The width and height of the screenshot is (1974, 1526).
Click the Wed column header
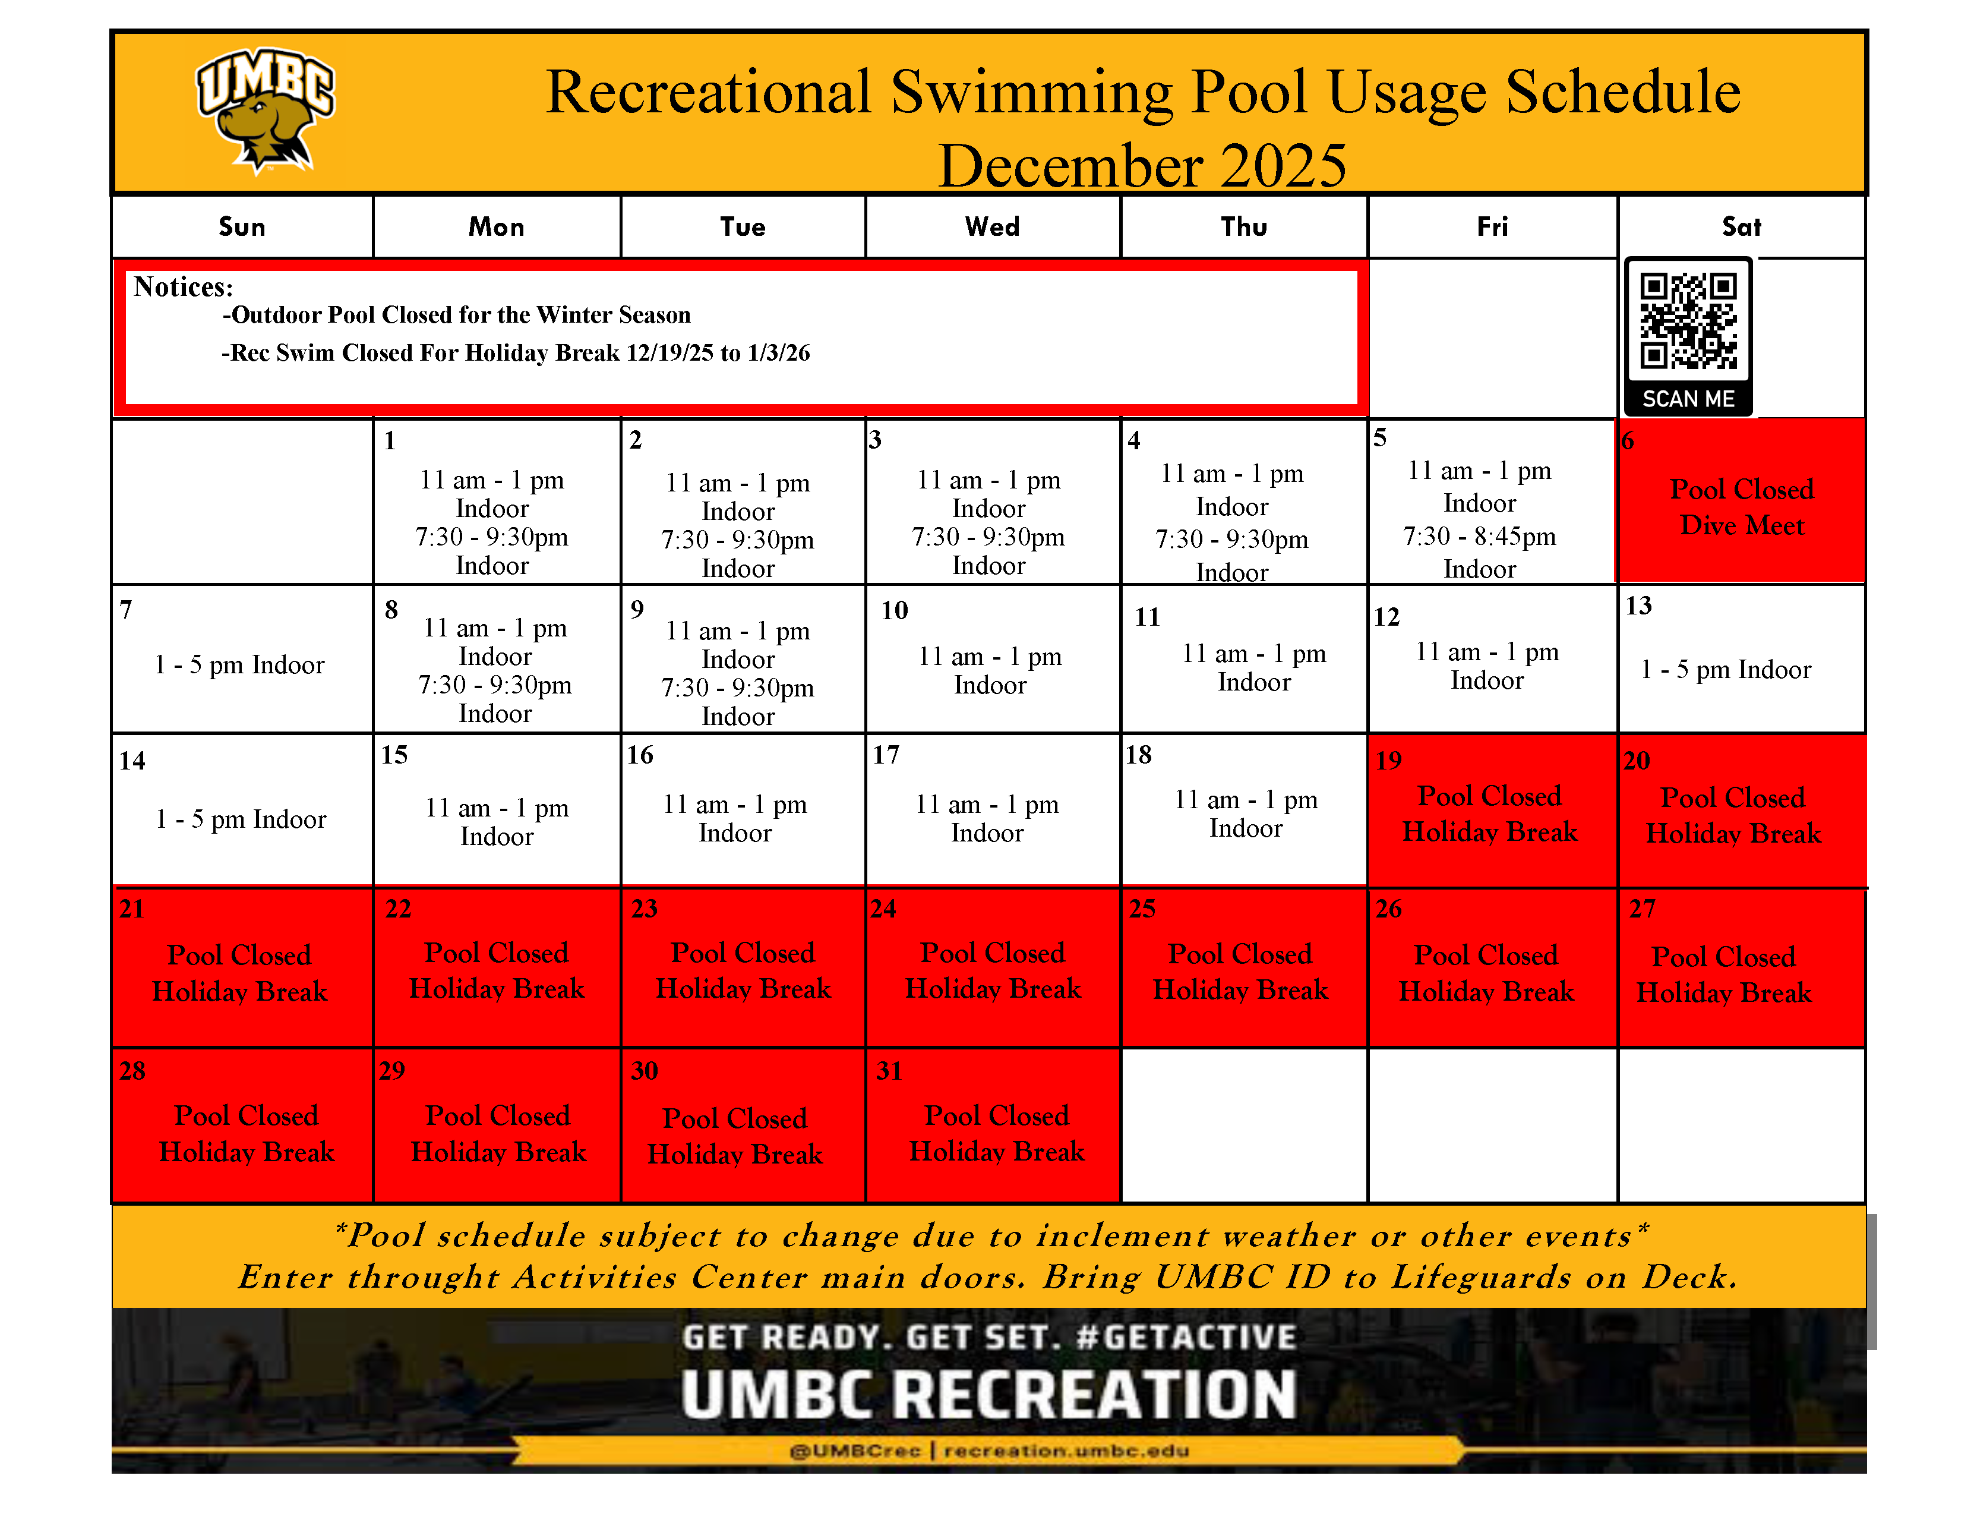(993, 227)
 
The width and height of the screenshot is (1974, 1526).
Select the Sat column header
(1741, 227)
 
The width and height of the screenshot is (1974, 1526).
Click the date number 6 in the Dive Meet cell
(1628, 441)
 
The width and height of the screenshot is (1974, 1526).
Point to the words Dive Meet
(1742, 525)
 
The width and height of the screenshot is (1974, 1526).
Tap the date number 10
(895, 610)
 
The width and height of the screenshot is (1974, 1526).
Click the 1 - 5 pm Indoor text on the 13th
(1726, 670)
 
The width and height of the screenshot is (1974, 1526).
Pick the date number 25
(1142, 909)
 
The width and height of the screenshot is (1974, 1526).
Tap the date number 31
(889, 1071)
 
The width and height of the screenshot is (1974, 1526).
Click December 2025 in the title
(1142, 165)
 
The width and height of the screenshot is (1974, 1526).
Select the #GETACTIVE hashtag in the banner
(1187, 1337)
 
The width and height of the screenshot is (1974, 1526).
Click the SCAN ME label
(1688, 399)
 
